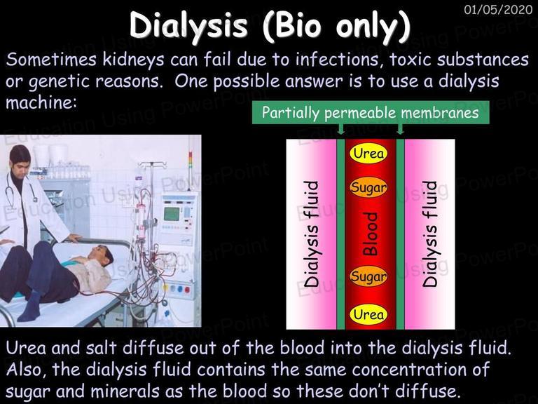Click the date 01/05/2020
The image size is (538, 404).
point(498,10)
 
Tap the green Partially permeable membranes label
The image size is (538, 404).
point(371,112)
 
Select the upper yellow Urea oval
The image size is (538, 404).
point(368,153)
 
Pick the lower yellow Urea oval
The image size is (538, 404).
point(368,314)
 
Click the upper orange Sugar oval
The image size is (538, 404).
point(368,187)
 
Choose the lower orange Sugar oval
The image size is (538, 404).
point(368,276)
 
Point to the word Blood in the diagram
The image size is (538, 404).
point(370,234)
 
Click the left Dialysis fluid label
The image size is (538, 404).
point(312,234)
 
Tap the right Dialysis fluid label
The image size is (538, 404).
point(430,234)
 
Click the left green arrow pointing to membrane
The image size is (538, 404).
point(340,129)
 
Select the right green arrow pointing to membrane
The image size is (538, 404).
point(400,129)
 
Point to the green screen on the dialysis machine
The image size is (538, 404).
point(172,214)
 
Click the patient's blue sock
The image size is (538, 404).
point(29,306)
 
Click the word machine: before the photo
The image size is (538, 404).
point(41,102)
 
